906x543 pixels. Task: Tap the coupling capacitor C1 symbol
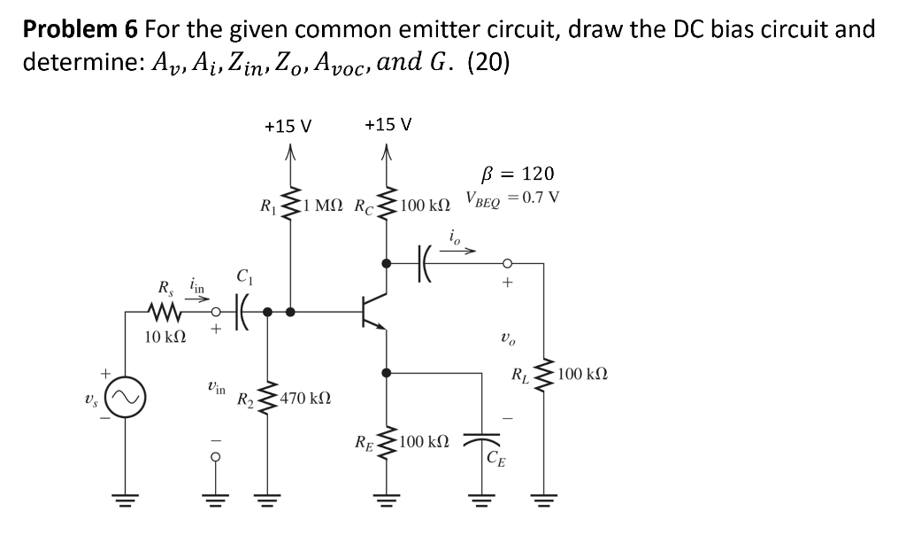coord(242,311)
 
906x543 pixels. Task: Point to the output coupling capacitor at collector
coord(421,263)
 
